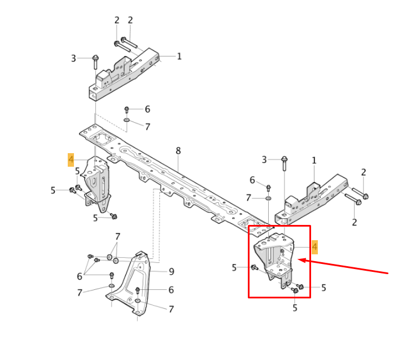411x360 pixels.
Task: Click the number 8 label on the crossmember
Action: click(x=178, y=151)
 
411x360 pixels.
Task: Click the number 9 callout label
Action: click(x=171, y=271)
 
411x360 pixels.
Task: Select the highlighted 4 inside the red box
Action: click(x=314, y=246)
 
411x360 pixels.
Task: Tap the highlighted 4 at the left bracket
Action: click(x=71, y=160)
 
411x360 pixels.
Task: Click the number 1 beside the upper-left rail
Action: click(x=179, y=56)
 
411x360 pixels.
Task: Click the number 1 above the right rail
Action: click(x=314, y=161)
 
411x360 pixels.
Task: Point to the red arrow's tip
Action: click(x=299, y=261)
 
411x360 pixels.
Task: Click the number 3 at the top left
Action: click(x=73, y=58)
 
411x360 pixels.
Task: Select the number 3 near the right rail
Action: click(x=264, y=160)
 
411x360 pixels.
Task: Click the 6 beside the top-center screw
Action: click(x=147, y=110)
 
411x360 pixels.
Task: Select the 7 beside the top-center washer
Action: click(x=147, y=127)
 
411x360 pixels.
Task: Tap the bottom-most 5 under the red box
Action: click(x=295, y=308)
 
